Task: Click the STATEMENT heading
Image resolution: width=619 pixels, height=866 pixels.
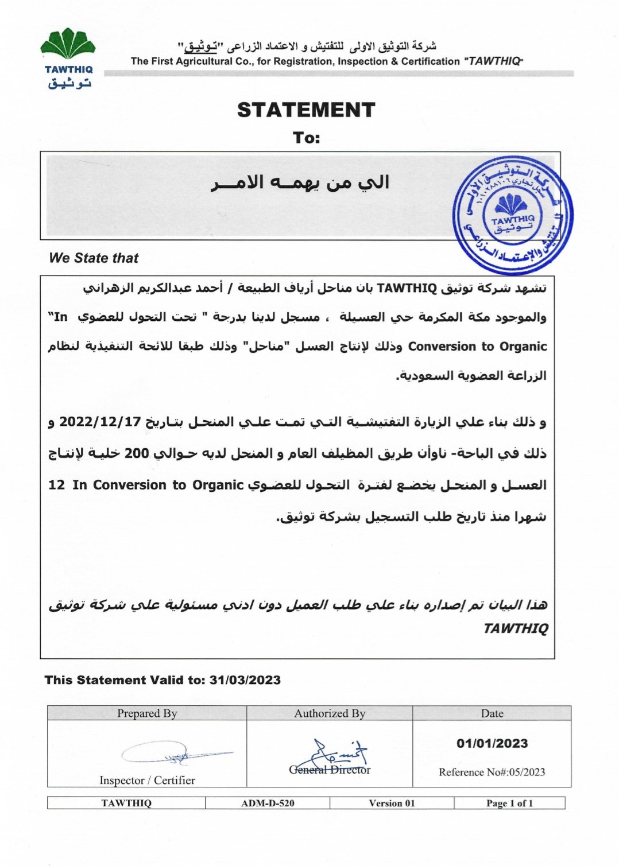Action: pos(306,110)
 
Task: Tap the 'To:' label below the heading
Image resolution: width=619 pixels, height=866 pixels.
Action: pos(306,138)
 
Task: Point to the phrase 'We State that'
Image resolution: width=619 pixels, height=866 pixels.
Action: pos(94,258)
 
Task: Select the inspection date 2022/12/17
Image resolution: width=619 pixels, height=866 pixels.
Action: pos(100,422)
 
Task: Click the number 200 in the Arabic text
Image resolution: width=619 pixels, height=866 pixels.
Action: pos(137,453)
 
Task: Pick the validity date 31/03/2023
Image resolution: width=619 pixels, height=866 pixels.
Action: pos(245,680)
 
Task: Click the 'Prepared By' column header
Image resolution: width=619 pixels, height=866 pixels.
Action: pos(147,713)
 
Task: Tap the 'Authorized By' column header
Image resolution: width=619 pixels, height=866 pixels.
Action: pos(330,713)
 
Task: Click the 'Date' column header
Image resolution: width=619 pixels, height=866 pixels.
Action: pos(492,713)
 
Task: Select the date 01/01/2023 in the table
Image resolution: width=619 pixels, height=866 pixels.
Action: pos(492,743)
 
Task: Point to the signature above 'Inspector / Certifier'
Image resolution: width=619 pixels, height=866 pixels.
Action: pos(172,754)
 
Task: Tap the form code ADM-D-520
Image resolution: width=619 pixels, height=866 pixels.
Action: pos(268,803)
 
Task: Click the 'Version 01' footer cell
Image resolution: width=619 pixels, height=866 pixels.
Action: pos(392,803)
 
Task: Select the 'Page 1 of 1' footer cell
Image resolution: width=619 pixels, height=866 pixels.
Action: pos(509,803)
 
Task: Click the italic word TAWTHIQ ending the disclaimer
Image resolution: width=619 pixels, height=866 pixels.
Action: pos(515,628)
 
